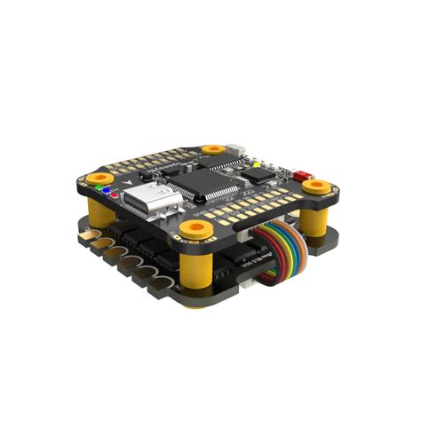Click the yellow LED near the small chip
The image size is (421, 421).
pos(256,163)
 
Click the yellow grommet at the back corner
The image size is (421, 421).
pos(211,149)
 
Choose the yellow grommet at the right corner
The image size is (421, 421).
pos(315,187)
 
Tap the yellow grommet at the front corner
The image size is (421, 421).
pos(192,230)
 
